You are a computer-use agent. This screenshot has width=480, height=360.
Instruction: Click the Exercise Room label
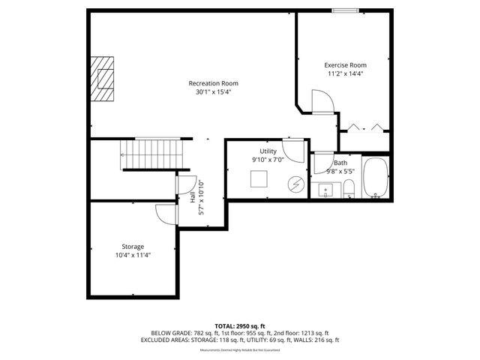click(345, 65)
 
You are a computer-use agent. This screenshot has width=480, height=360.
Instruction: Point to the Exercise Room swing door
click(321, 100)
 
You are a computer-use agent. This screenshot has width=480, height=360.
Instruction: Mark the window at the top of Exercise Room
click(345, 10)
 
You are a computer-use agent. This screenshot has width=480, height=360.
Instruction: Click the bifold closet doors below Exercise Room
click(364, 126)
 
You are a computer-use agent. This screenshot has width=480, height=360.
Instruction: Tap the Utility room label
click(268, 151)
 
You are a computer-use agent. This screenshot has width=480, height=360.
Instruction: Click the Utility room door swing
click(297, 147)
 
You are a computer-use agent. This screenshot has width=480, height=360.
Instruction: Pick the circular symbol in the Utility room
click(296, 183)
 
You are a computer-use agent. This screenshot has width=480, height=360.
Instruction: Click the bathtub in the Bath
click(374, 178)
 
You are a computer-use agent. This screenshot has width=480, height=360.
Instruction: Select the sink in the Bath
click(326, 189)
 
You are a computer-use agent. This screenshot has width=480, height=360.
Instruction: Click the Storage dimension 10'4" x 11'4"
click(133, 255)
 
